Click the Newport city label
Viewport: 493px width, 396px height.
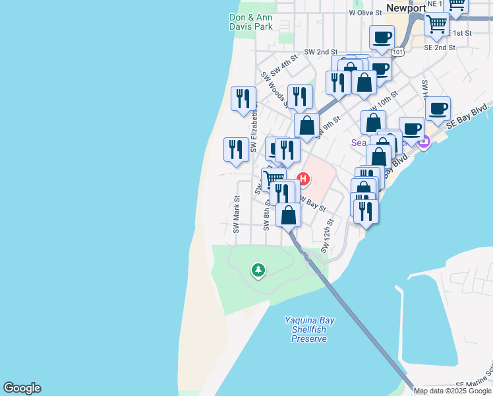coord(406,9)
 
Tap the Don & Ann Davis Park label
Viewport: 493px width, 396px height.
coord(250,22)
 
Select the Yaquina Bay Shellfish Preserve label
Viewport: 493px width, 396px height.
coord(309,329)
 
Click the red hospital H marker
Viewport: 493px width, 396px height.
coord(304,178)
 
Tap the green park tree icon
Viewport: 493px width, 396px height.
coord(258,270)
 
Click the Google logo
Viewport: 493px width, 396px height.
coord(22,388)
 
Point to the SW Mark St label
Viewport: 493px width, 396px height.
coord(236,214)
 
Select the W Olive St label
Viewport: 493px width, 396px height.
coord(366,13)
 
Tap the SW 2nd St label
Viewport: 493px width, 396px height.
coord(320,51)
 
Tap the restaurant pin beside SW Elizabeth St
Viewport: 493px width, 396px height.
coord(243,98)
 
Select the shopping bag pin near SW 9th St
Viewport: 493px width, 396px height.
coord(306,124)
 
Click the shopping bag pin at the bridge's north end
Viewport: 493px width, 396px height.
coord(289,214)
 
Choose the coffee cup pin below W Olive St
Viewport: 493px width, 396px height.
coord(381,37)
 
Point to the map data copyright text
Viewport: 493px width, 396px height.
coord(452,391)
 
